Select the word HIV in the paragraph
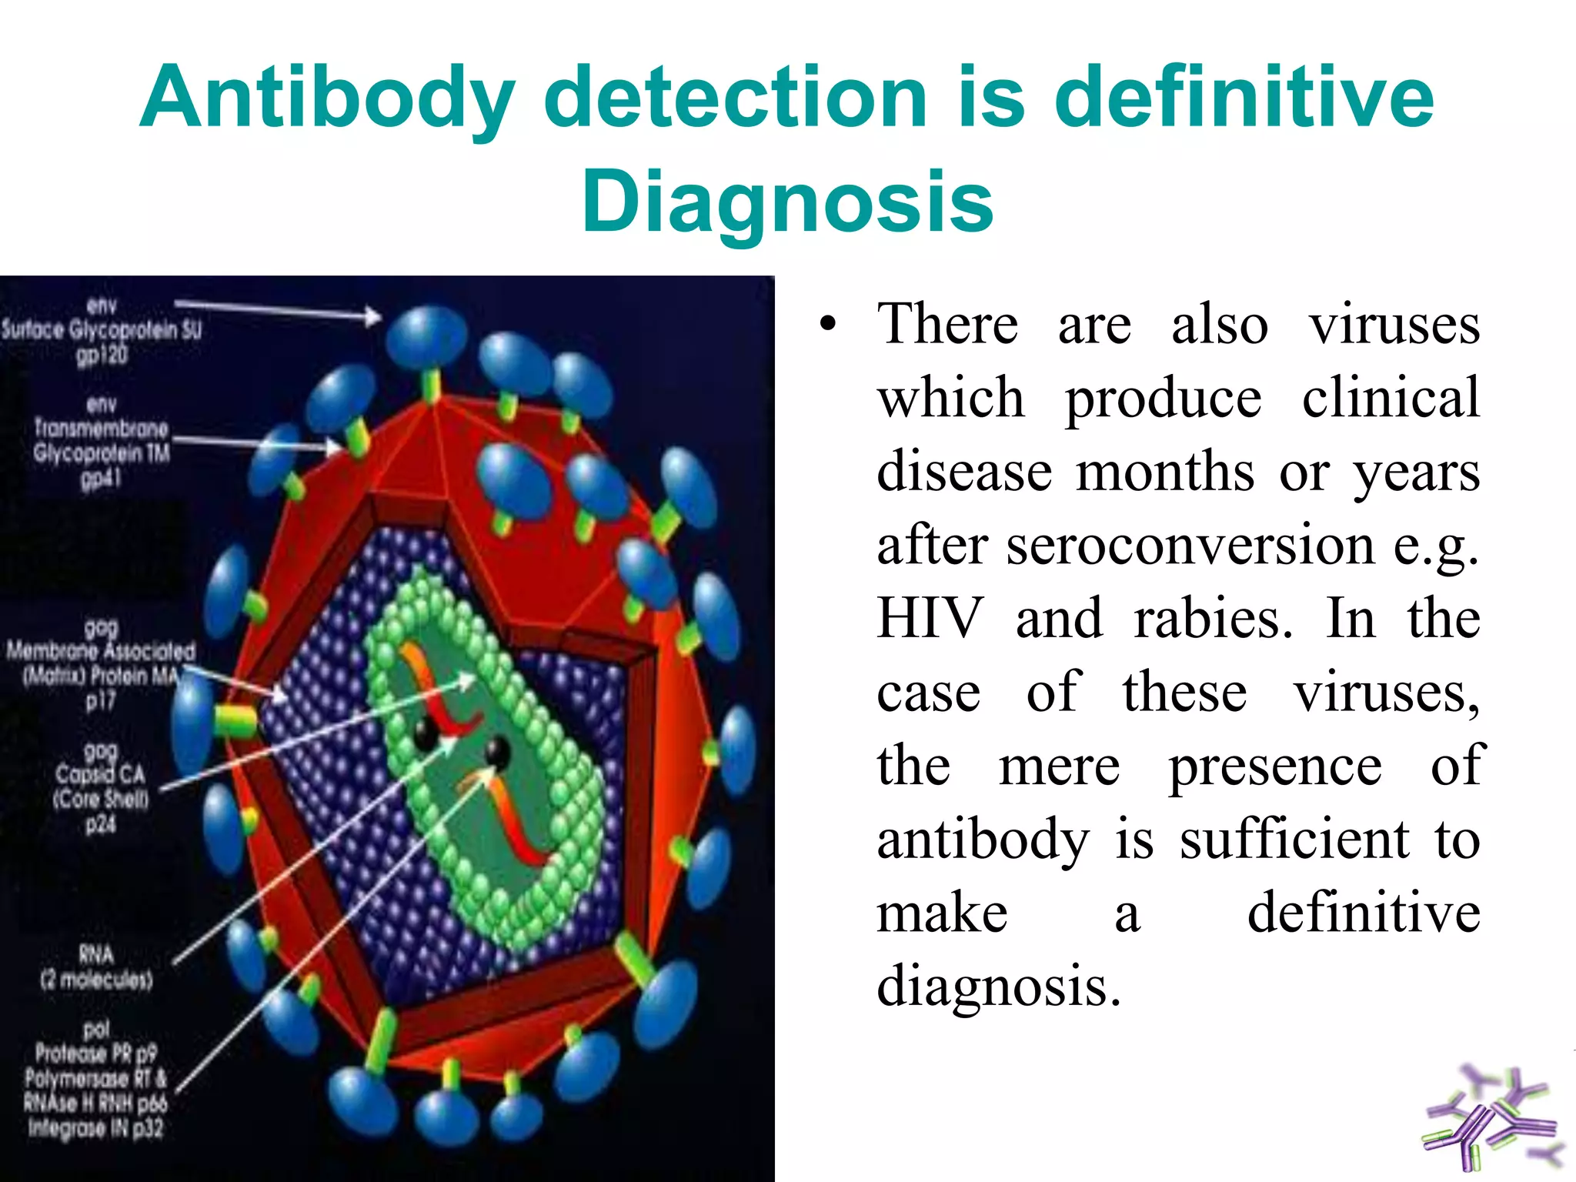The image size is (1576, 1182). pyautogui.click(x=930, y=619)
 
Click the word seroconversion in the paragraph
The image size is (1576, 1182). pyautogui.click(x=1190, y=546)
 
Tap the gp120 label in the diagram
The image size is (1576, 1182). pyautogui.click(x=102, y=356)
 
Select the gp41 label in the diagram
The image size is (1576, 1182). pyautogui.click(x=101, y=479)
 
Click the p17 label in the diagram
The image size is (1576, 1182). pyautogui.click(x=100, y=700)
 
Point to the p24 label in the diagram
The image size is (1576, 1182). pyautogui.click(x=100, y=824)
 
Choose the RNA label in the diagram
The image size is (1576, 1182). pyautogui.click(x=96, y=955)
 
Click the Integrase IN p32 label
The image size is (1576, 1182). pyautogui.click(x=95, y=1128)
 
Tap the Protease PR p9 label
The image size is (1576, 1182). pyautogui.click(x=95, y=1053)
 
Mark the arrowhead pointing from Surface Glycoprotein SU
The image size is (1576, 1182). pyautogui.click(x=372, y=316)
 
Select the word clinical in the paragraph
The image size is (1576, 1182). pyautogui.click(x=1390, y=399)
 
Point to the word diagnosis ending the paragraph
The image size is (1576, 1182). pyautogui.click(x=997, y=987)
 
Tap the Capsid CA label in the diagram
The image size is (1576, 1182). pyautogui.click(x=100, y=774)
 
